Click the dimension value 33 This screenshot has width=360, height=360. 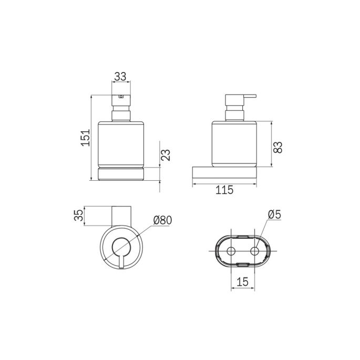point(120,76)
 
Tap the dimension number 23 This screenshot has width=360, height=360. point(166,155)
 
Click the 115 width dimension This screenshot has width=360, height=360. point(224,191)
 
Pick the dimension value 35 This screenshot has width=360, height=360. point(78,215)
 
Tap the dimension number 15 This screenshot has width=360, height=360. point(242,283)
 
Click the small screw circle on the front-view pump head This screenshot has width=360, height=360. point(121,97)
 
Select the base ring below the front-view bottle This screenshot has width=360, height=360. point(120,174)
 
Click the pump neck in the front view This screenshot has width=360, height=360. point(120,114)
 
